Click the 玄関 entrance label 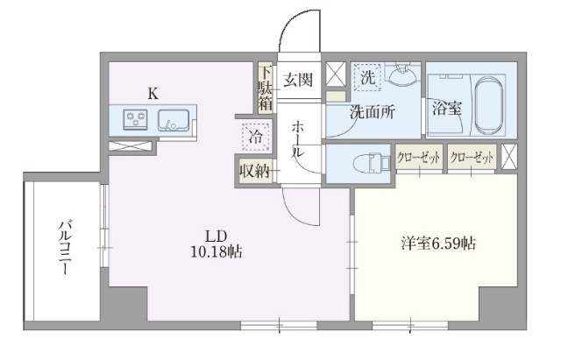(x=298, y=80)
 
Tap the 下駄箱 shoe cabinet (x=265, y=88)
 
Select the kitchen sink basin (x=174, y=120)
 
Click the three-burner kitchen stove (x=135, y=119)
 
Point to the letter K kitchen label (x=153, y=94)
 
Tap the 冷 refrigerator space (x=255, y=137)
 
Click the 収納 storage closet (x=255, y=171)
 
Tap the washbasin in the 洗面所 (x=403, y=74)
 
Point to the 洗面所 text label (x=372, y=112)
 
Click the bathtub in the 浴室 (x=489, y=105)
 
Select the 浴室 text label (x=446, y=108)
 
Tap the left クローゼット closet (x=419, y=157)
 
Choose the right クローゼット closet (x=472, y=157)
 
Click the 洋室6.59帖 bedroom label (x=438, y=244)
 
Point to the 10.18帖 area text (x=217, y=252)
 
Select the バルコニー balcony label (x=66, y=248)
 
